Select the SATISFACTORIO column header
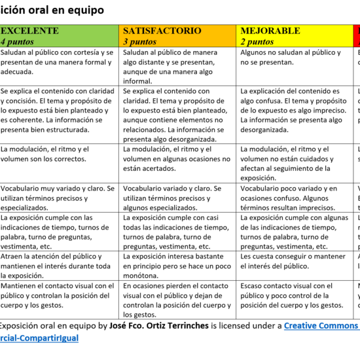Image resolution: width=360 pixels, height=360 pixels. click(162, 31)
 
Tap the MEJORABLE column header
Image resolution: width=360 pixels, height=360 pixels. click(270, 31)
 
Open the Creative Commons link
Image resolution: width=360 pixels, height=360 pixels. click(321, 325)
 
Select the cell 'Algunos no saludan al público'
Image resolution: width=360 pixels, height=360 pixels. click(291, 57)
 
